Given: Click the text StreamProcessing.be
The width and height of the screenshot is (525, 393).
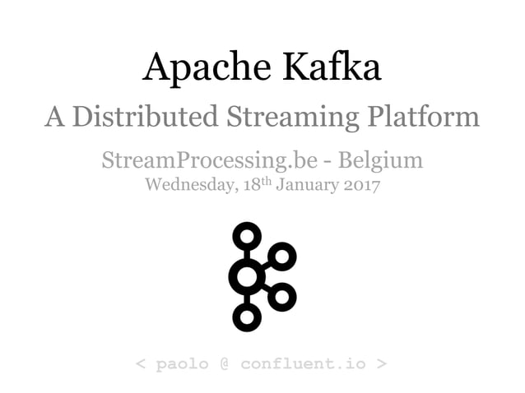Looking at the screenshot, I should click(203, 160).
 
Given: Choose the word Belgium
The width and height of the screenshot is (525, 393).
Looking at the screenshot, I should click(383, 160).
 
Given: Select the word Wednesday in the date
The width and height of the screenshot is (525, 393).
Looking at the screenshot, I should click(192, 184).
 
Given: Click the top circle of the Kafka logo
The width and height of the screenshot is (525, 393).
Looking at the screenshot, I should click(246, 238).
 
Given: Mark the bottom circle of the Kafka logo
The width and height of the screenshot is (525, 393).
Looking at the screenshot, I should click(246, 316).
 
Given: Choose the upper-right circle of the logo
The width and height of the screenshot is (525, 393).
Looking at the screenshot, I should click(281, 257).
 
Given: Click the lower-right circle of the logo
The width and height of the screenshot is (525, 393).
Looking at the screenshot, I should click(281, 296).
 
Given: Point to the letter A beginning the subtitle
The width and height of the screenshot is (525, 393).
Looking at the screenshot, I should click(55, 116).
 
